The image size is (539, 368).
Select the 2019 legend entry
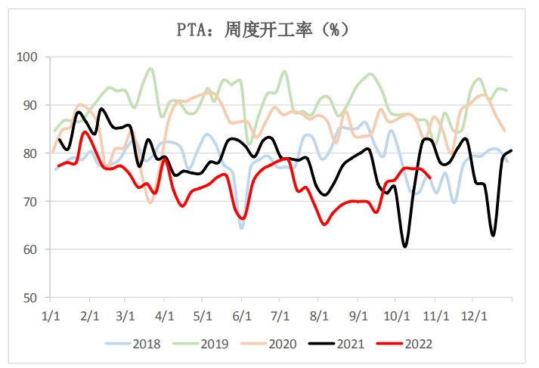pos(204,344)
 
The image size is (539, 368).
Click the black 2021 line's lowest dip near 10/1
pos(405,246)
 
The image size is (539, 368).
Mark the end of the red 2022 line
pos(430,178)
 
